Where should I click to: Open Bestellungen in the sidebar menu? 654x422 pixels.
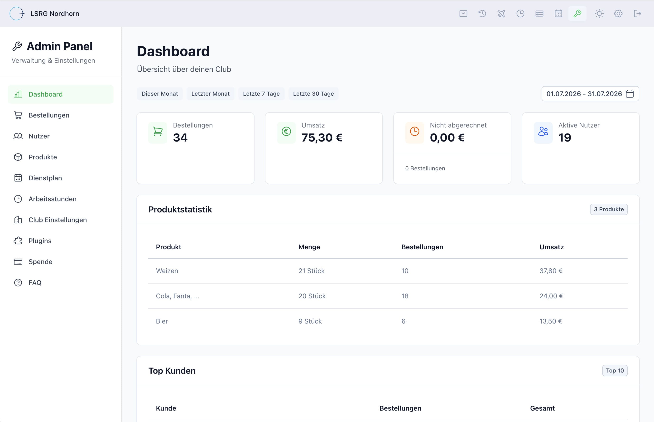tap(49, 115)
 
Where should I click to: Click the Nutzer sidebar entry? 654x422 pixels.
tap(39, 136)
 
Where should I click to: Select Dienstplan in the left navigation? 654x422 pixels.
tap(45, 178)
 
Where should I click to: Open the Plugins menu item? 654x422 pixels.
tap(40, 240)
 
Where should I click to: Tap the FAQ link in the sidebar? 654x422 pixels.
tap(35, 283)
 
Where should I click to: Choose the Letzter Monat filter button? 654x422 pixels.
tap(210, 94)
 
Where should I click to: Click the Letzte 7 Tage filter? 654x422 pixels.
tap(261, 94)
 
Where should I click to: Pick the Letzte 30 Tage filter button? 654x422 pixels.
tap(313, 94)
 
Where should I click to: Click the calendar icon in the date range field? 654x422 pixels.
tap(630, 94)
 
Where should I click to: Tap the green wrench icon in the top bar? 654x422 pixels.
tap(577, 13)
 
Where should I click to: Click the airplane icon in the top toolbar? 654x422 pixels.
tap(501, 13)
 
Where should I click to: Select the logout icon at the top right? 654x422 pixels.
tap(637, 13)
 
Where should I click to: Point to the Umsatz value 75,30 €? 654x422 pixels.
tap(322, 137)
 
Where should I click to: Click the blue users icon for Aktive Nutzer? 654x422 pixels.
tap(543, 132)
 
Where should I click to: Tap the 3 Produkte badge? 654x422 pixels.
tap(609, 209)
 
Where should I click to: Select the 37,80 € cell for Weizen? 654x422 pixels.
tap(551, 271)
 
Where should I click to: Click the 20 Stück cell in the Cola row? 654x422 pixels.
tap(312, 296)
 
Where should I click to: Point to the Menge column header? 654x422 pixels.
tap(309, 247)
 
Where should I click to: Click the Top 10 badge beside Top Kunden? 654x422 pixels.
tap(615, 370)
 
